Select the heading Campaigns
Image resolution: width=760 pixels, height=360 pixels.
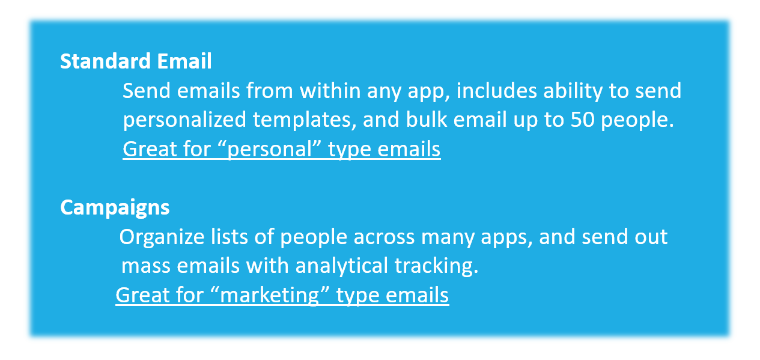pyautogui.click(x=115, y=208)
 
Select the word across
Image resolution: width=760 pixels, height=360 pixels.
pyautogui.click(x=384, y=237)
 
